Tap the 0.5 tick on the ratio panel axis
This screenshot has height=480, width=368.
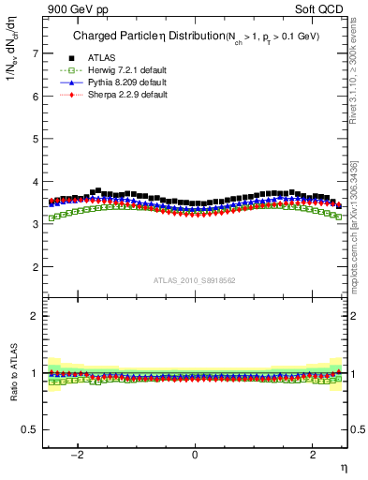point(30,429)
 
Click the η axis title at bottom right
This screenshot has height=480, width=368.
point(343,467)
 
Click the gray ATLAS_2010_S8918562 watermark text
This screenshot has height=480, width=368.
point(195,279)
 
